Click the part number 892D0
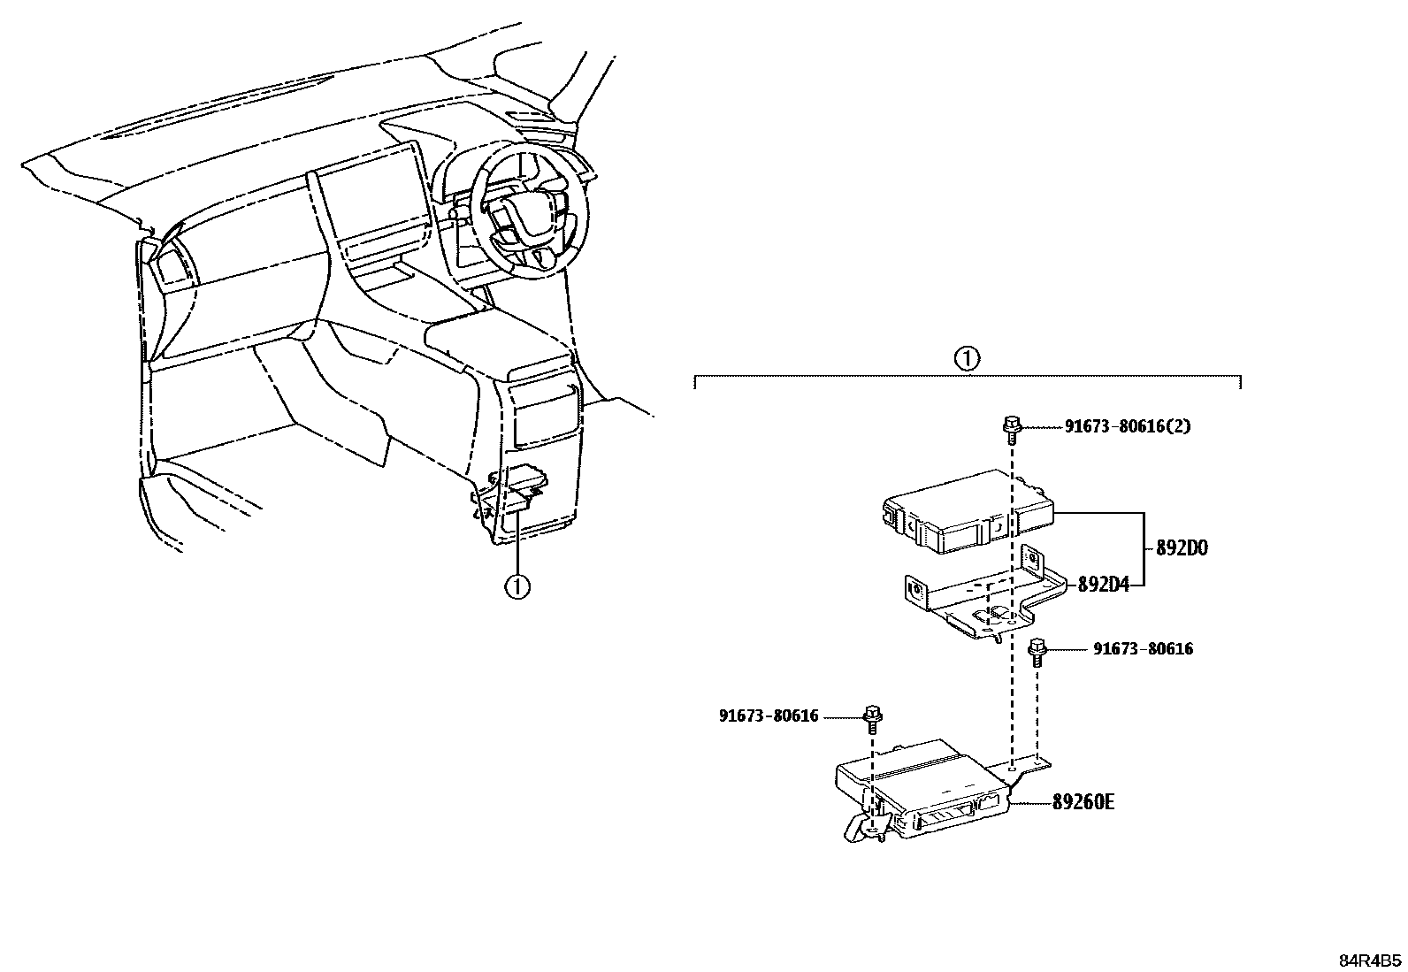[1182, 548]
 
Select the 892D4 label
[1103, 585]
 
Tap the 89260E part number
[1083, 802]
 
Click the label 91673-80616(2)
[1127, 426]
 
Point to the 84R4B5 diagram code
[1369, 961]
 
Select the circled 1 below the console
[517, 585]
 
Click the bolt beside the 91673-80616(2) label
[1011, 428]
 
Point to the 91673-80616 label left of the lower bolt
[769, 716]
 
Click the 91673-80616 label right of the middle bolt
[1143, 649]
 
